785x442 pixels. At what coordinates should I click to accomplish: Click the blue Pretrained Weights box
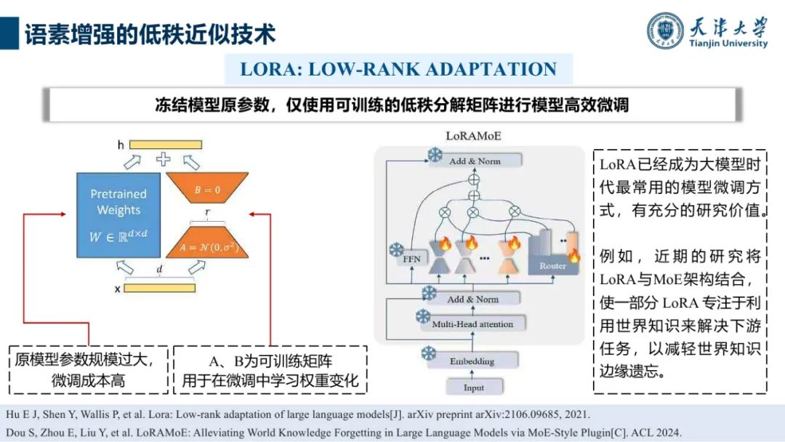point(118,215)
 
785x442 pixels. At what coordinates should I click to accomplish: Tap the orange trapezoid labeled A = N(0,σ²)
point(207,243)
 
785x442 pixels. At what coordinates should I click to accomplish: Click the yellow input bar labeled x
point(159,288)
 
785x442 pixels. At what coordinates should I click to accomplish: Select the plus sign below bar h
point(164,160)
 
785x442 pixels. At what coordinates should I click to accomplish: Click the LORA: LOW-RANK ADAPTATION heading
point(398,70)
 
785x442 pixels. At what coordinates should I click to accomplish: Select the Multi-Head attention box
point(472,324)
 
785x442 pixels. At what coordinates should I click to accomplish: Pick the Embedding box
point(472,361)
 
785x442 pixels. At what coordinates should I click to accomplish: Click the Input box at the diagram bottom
point(474,387)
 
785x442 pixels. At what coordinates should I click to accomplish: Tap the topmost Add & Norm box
point(474,161)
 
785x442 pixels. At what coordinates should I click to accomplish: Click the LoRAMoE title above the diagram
point(473,136)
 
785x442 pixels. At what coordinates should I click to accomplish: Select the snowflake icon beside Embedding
point(428,353)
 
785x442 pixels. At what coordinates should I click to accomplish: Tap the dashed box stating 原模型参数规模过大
point(89,369)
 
